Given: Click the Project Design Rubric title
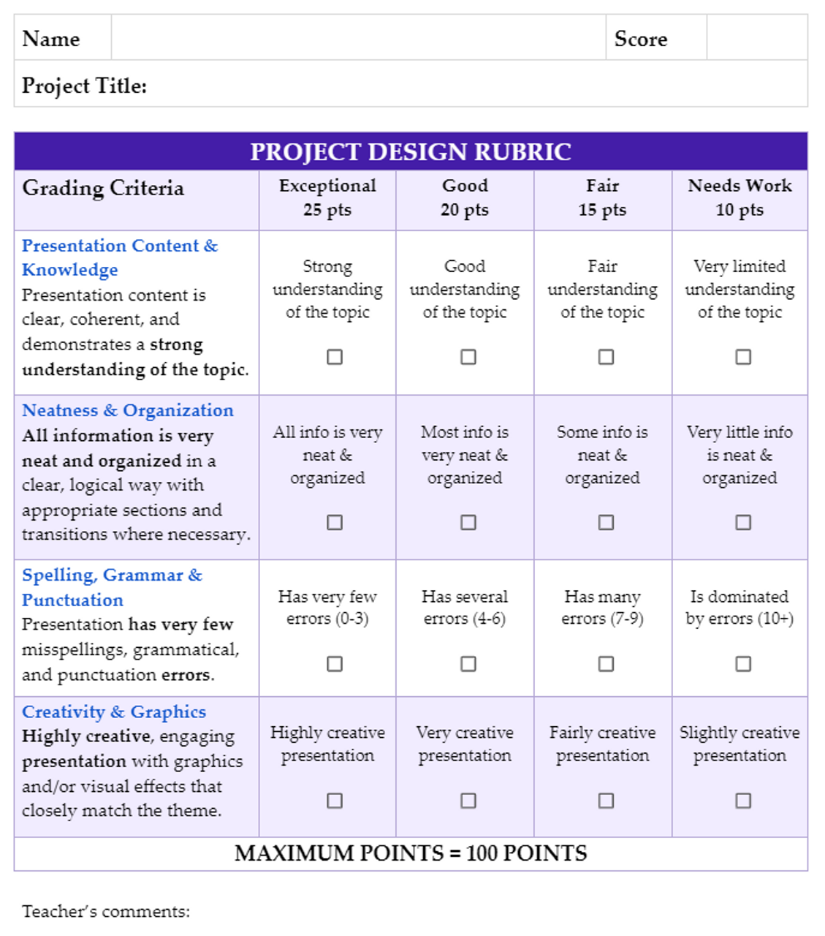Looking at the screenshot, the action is tap(411, 151).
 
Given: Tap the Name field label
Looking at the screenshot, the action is tap(51, 39).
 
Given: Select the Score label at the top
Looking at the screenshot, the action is tap(641, 39).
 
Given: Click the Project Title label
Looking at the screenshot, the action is tap(84, 86).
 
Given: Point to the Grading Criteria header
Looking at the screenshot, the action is tap(103, 188).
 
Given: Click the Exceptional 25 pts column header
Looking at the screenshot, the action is tap(327, 197).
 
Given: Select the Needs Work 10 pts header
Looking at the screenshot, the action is tap(740, 197).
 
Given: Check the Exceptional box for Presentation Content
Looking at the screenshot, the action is tap(335, 357).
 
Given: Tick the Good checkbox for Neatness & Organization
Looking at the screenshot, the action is tap(468, 522).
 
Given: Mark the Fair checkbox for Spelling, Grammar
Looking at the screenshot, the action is tap(606, 663).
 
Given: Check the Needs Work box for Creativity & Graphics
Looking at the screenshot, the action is tap(743, 800).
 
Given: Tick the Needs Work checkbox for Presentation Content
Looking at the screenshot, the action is tap(743, 357).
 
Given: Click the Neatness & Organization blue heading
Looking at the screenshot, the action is tap(128, 410).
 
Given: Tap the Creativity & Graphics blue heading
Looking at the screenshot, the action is tap(114, 712).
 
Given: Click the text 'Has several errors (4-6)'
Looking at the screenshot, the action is tap(465, 608).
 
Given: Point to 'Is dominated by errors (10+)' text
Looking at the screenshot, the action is tap(740, 608).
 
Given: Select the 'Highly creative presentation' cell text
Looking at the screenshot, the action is tap(327, 744).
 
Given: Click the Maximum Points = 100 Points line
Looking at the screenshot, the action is tap(411, 853).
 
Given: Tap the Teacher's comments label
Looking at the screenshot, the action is tap(106, 911).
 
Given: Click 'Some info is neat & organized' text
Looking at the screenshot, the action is tap(602, 455).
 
